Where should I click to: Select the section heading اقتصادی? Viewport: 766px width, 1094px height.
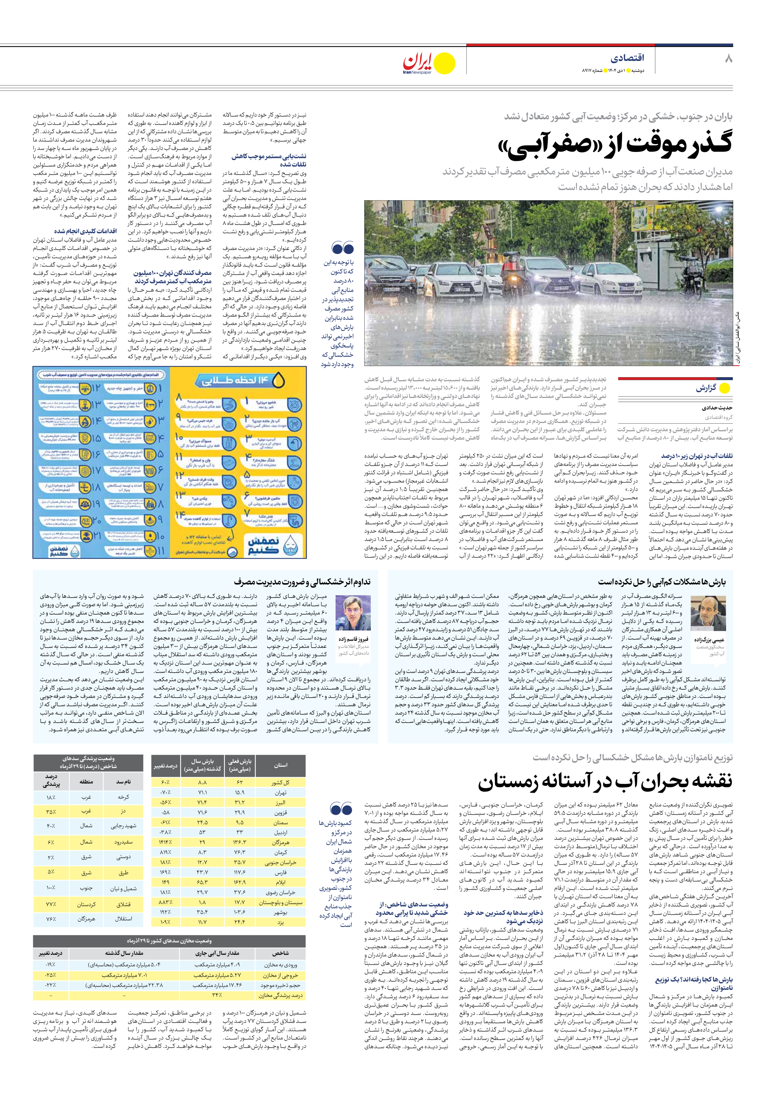[x=627, y=58]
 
